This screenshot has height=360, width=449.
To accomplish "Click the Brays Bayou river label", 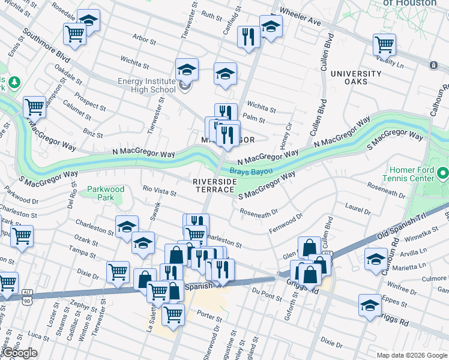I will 250,172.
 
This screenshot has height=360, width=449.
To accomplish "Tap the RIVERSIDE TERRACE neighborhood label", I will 214,185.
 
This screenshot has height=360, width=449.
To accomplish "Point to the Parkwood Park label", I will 105,193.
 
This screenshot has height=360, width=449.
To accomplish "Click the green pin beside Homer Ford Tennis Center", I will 442,174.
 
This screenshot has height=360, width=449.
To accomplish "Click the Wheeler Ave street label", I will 301,19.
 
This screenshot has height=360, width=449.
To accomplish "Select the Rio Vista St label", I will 160,192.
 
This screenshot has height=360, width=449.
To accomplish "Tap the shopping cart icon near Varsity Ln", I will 384,44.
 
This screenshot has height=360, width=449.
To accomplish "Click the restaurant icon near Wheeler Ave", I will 247,37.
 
